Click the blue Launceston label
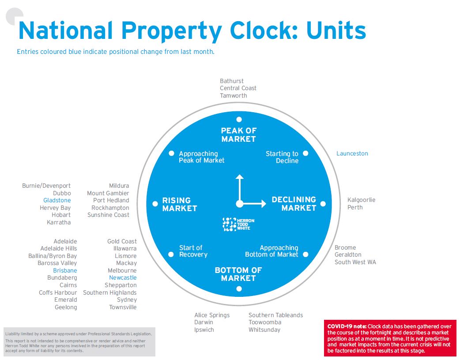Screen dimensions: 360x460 [352, 154]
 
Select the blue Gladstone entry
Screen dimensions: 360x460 [57, 201]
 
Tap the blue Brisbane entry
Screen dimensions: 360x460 [65, 270]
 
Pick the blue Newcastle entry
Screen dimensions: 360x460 [123, 278]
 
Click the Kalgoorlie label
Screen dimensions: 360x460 [361, 200]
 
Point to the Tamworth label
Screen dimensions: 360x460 [234, 95]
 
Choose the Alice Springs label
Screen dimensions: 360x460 [212, 315]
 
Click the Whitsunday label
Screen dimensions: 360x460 [264, 330]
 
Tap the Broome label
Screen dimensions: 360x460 [345, 248]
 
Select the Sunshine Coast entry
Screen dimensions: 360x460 [108, 215]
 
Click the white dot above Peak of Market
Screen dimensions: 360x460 [239, 119]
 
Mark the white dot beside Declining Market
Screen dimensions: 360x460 [323, 204]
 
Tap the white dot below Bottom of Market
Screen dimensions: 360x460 [239, 289]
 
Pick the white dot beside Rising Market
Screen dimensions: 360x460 [155, 204]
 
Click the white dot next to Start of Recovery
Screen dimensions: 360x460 [171, 254]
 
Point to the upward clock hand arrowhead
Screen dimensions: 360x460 [239, 177]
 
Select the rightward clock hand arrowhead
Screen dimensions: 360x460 [264, 204]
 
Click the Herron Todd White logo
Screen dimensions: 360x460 [239, 224]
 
